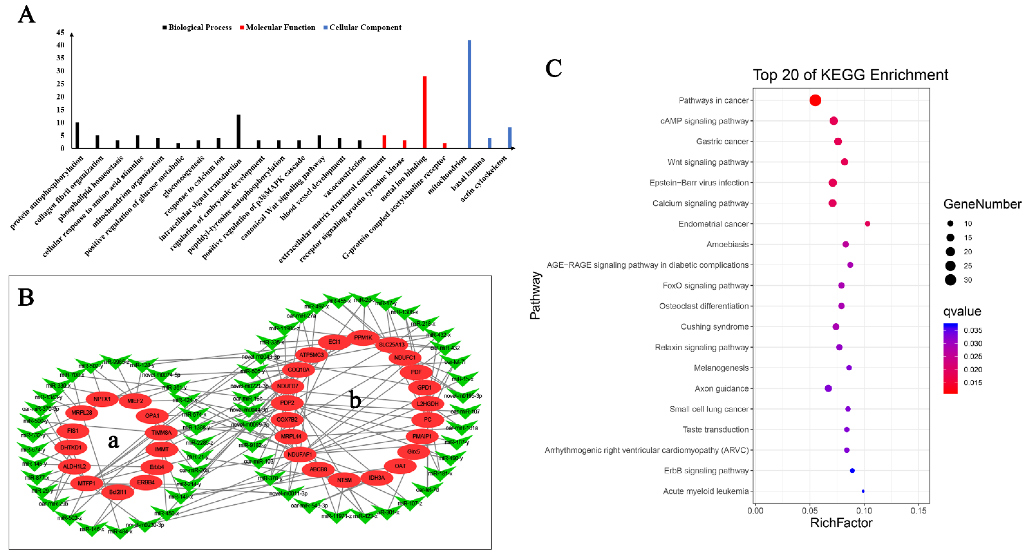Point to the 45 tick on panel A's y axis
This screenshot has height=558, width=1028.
click(60, 32)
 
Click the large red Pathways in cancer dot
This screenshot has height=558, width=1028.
click(815, 100)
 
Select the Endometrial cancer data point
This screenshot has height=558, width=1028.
click(867, 224)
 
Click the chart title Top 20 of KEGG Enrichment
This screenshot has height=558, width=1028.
click(850, 75)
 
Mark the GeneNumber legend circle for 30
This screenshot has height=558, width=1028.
click(950, 280)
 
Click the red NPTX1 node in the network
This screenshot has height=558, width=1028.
click(102, 399)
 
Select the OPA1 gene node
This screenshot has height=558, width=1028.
click(152, 416)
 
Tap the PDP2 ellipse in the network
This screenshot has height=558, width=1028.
click(287, 403)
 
